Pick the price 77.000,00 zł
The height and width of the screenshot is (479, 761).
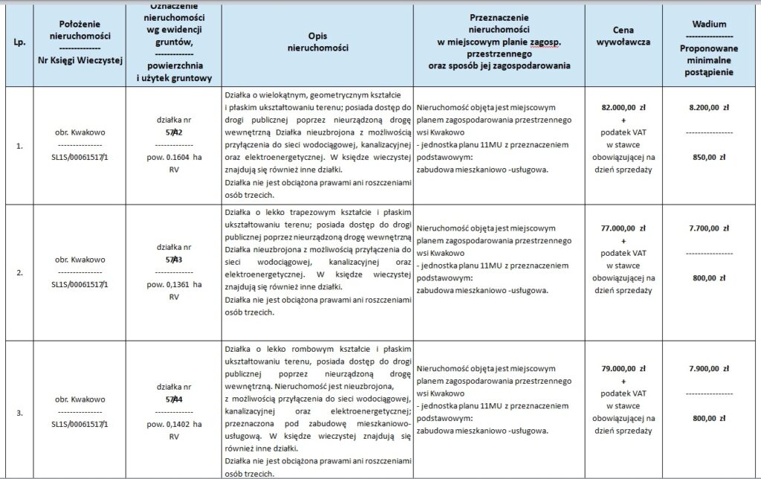click(624, 228)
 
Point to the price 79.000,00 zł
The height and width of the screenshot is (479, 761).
click(624, 367)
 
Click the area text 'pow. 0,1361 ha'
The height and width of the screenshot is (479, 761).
click(174, 283)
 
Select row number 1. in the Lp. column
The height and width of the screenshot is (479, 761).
click(18, 145)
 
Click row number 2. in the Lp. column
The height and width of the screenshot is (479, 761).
click(18, 272)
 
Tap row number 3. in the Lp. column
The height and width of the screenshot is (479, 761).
click(18, 411)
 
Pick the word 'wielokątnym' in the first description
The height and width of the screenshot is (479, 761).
click(272, 95)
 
